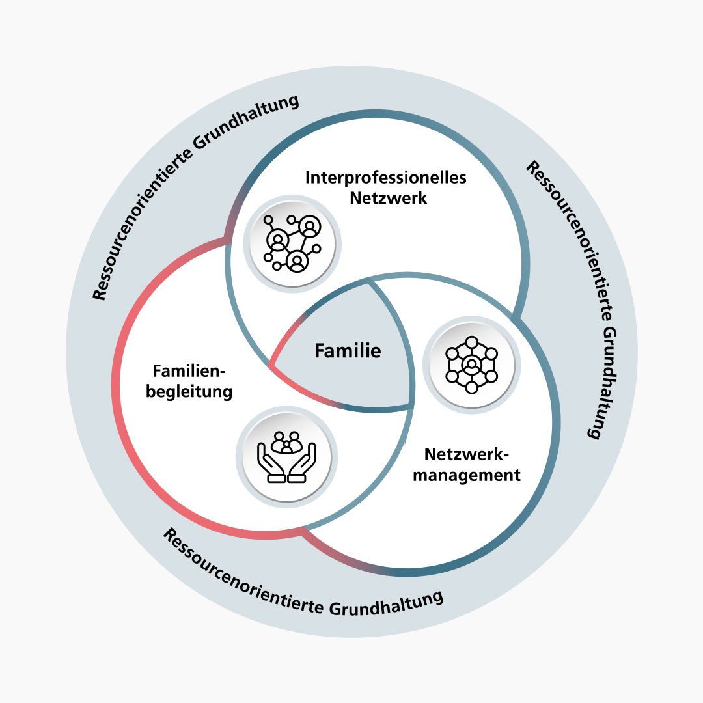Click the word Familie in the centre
click(x=348, y=351)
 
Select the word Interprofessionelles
click(x=386, y=178)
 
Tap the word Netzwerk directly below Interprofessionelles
click(x=388, y=198)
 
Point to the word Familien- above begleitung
click(x=189, y=372)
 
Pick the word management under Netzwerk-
click(x=467, y=475)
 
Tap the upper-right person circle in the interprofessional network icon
click(x=310, y=226)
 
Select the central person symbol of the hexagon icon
click(x=471, y=365)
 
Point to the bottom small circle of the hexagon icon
click(x=471, y=388)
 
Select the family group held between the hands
click(x=286, y=443)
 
